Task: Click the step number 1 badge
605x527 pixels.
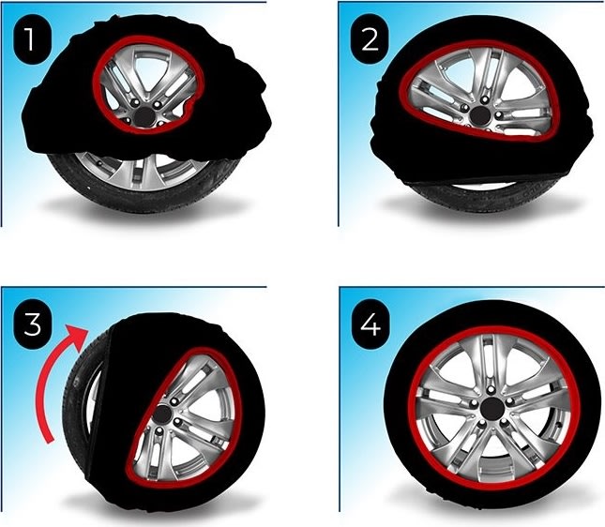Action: click(32, 39)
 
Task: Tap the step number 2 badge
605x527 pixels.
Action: click(370, 39)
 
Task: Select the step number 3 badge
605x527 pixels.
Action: click(32, 324)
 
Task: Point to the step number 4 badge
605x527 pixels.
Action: click(370, 324)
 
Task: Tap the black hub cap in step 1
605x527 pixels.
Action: click(144, 116)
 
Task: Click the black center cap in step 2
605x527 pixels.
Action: click(479, 115)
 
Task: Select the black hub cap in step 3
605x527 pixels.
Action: click(162, 414)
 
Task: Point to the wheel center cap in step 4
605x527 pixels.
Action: click(490, 407)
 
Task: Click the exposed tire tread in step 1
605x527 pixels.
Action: click(144, 195)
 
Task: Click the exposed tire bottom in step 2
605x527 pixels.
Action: click(478, 197)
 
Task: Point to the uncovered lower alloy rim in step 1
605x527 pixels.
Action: click(143, 170)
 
